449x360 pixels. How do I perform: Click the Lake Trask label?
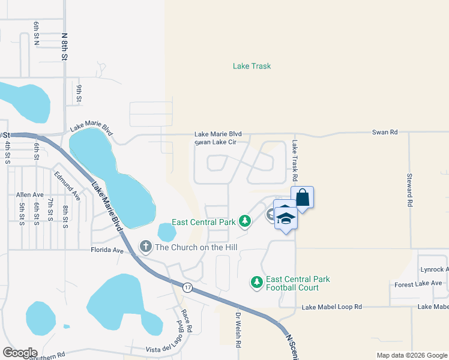coord(252,66)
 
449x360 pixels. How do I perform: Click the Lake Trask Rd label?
coord(295,161)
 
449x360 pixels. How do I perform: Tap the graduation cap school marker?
coord(286,217)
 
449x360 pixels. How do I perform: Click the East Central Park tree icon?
coord(244,221)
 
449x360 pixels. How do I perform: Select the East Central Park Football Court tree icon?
coord(256,282)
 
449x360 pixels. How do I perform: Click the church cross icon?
coord(145,247)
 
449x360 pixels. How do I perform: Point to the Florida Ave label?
coord(107,250)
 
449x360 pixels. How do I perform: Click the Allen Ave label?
coord(30,195)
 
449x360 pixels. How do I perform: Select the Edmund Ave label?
coord(67,185)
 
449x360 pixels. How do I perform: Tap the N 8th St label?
coord(64,46)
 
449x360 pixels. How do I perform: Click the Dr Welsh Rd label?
coord(238,330)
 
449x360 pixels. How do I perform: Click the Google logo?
coord(20,353)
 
